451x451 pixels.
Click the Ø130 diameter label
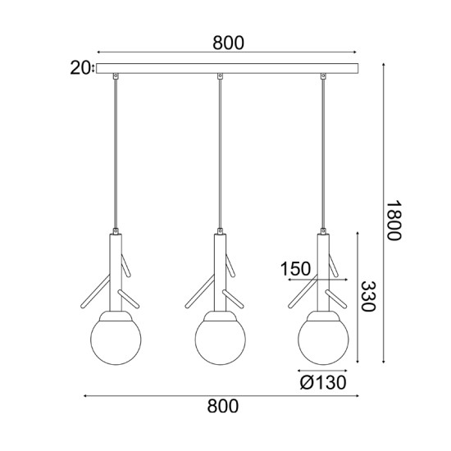coord(321,381)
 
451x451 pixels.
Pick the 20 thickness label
coord(80,68)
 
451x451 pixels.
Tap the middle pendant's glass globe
coord(219,337)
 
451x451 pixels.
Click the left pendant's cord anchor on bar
coord(117,77)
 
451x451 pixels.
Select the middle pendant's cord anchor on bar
coord(219,77)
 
